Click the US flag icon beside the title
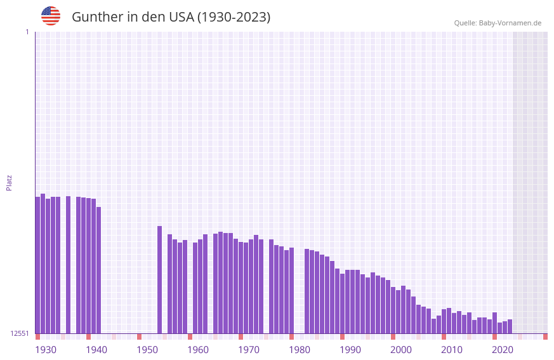point(51,16)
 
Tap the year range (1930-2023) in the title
point(234,17)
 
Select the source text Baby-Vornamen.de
point(510,23)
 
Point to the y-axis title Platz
point(9,182)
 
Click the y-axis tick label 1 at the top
point(27,32)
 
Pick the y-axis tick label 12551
point(20,333)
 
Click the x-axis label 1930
point(46,350)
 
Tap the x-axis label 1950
point(147,350)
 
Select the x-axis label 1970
point(249,350)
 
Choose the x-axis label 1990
point(350,350)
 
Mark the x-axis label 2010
point(452,350)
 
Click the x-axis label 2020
point(503,350)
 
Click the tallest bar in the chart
point(43,263)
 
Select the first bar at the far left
point(38,265)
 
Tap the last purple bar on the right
point(510,326)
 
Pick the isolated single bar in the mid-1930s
point(69,265)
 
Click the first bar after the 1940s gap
point(160,279)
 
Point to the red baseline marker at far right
point(545,337)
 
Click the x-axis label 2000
point(401,350)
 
